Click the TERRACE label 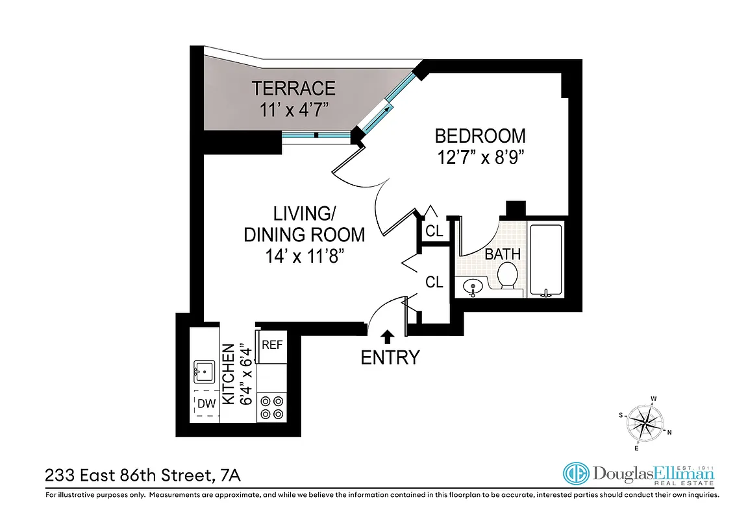[x=293, y=88]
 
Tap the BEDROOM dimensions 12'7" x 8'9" [x=480, y=157]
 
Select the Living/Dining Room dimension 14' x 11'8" [x=304, y=256]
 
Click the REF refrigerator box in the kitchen [x=272, y=345]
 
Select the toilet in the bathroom [x=507, y=275]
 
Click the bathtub [x=545, y=260]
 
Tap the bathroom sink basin [x=473, y=285]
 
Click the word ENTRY [x=390, y=357]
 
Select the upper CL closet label [x=434, y=231]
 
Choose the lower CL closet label [x=434, y=282]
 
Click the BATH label [x=503, y=254]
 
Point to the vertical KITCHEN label [x=229, y=374]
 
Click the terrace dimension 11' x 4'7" [x=293, y=109]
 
